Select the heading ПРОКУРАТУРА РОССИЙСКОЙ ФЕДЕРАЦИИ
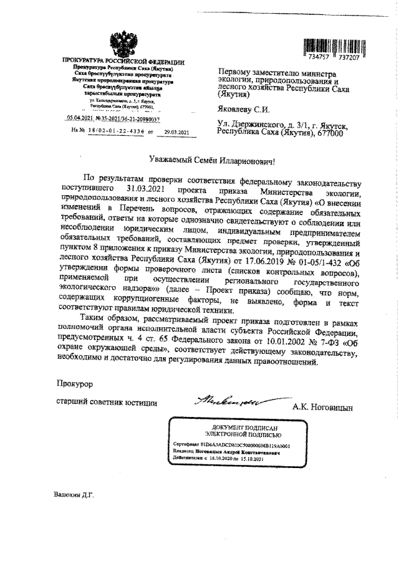(x=123, y=60)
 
